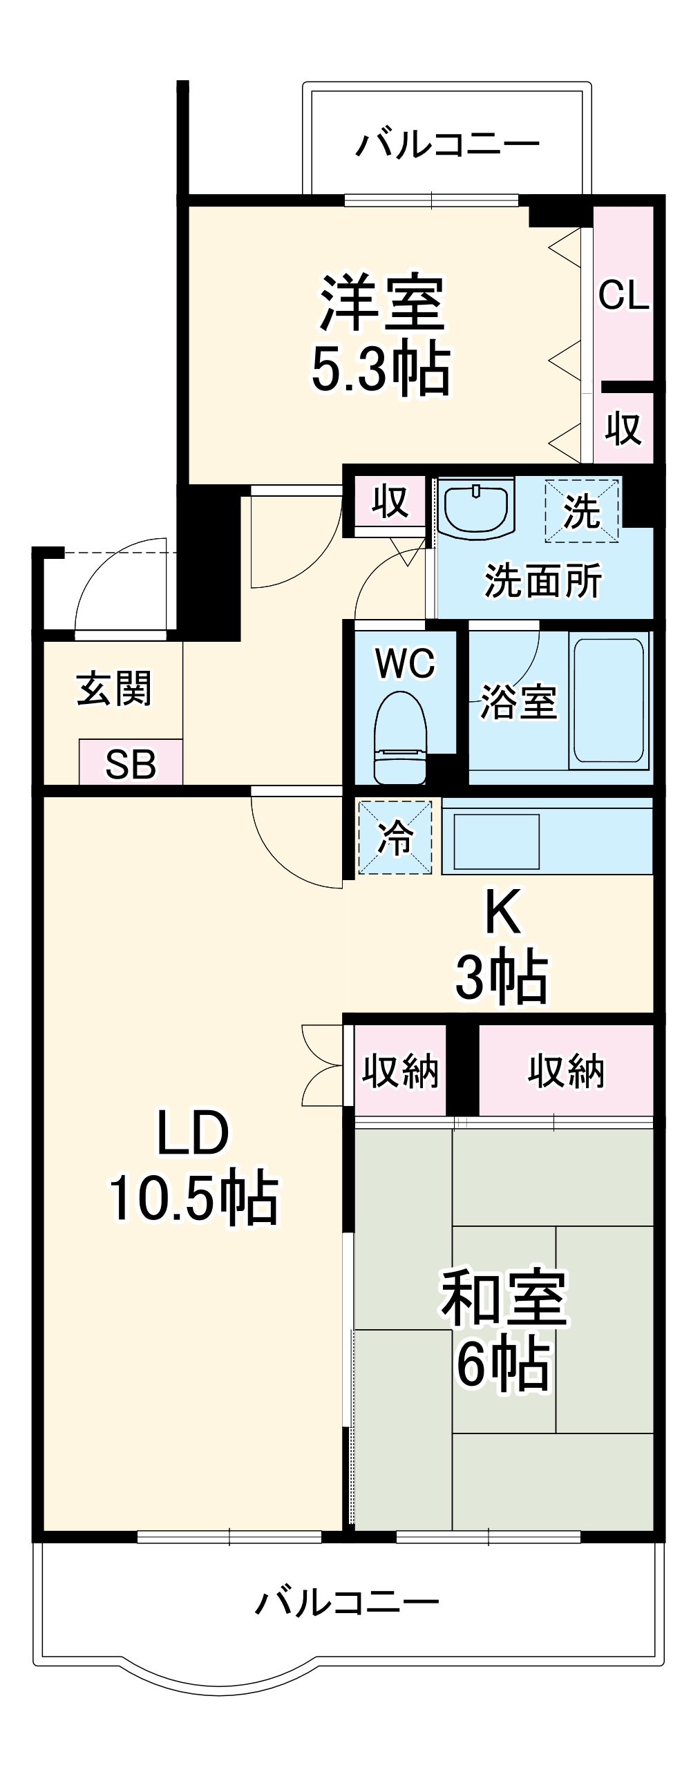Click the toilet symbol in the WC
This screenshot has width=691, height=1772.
(x=400, y=739)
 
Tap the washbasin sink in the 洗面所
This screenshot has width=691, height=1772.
(x=477, y=511)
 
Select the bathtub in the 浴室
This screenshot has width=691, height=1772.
(x=609, y=702)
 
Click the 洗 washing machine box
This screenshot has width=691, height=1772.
(x=581, y=512)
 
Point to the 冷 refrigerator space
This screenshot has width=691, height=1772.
(x=395, y=837)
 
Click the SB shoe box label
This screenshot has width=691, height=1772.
(x=131, y=764)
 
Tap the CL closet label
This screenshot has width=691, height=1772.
(x=623, y=295)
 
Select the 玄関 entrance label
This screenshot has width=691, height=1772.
(x=114, y=688)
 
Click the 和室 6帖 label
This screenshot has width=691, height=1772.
(x=504, y=1330)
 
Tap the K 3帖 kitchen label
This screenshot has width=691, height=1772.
(x=502, y=946)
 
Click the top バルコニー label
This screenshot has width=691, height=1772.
(x=448, y=145)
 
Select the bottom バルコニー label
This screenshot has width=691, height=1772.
(x=348, y=1602)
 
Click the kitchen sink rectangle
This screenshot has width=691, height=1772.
(x=496, y=841)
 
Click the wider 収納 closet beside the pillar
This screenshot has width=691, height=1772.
(x=566, y=1071)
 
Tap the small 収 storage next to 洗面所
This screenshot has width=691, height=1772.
(x=390, y=502)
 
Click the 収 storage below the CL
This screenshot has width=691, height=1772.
(x=624, y=428)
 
